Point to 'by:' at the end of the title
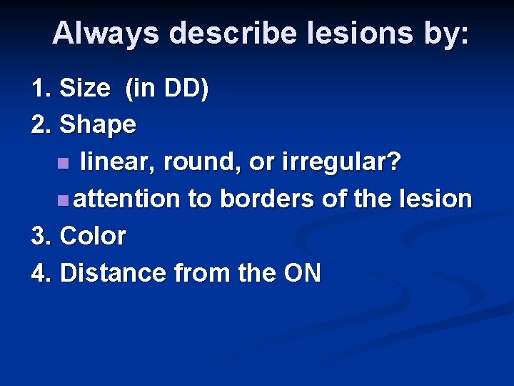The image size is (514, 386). [x=445, y=34]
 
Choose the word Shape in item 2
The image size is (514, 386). [x=98, y=124]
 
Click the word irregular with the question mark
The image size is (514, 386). [x=341, y=162]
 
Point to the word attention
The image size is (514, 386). [x=126, y=199]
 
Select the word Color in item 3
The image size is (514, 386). [x=94, y=236]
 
